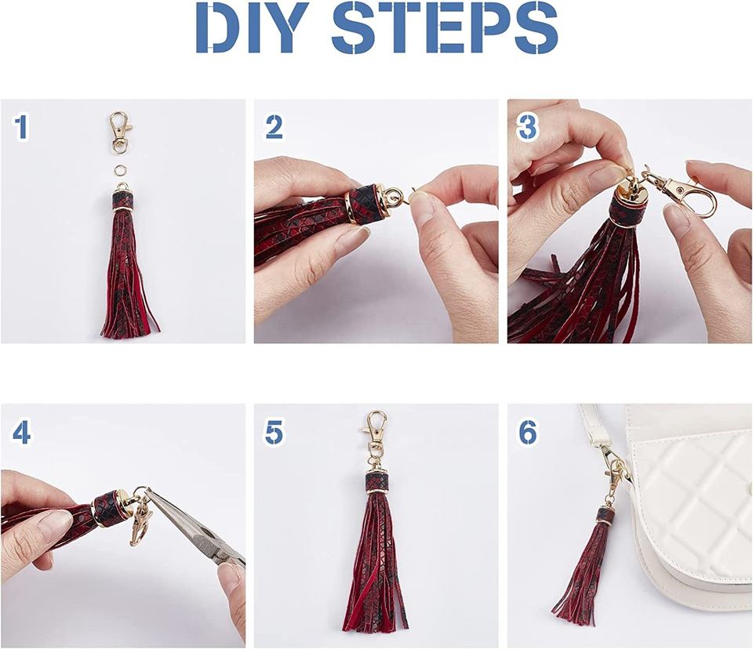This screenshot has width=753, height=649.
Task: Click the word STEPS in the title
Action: [445, 27]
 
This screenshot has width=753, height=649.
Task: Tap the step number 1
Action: [21, 127]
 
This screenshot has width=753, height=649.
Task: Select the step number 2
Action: [275, 127]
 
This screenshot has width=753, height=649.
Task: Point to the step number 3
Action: [527, 127]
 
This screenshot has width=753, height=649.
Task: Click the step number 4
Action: [22, 432]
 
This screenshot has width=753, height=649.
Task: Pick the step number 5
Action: [275, 432]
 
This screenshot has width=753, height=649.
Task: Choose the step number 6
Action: [528, 432]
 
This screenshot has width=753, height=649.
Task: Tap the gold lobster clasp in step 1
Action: [119, 132]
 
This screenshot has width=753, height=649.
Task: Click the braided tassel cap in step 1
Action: [122, 201]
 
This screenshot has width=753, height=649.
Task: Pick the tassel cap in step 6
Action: [607, 516]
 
